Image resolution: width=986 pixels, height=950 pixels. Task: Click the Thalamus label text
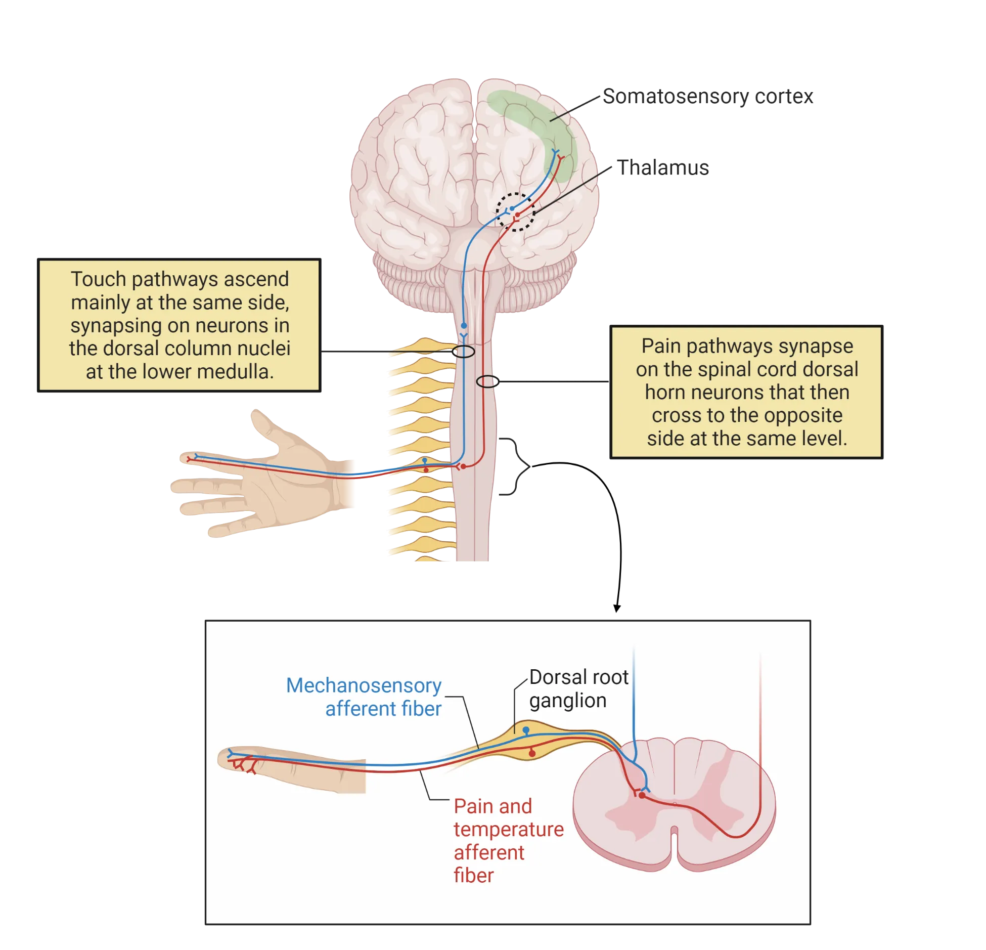[664, 168]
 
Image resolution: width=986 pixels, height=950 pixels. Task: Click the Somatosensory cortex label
[708, 96]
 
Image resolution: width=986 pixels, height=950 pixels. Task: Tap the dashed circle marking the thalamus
[515, 212]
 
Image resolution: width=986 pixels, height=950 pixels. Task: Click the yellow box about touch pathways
[180, 325]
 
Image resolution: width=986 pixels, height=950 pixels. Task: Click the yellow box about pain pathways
[747, 392]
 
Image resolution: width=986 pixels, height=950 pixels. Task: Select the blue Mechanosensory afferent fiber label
[364, 697]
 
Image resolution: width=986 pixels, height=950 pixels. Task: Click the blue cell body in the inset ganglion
[526, 730]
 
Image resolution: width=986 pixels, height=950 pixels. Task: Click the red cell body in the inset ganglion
[532, 754]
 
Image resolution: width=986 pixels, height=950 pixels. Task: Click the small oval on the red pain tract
[486, 381]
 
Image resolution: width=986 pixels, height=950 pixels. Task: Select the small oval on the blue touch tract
[463, 352]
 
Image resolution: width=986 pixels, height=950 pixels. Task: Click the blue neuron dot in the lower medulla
[464, 326]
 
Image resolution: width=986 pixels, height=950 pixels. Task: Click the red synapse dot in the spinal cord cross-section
[642, 795]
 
